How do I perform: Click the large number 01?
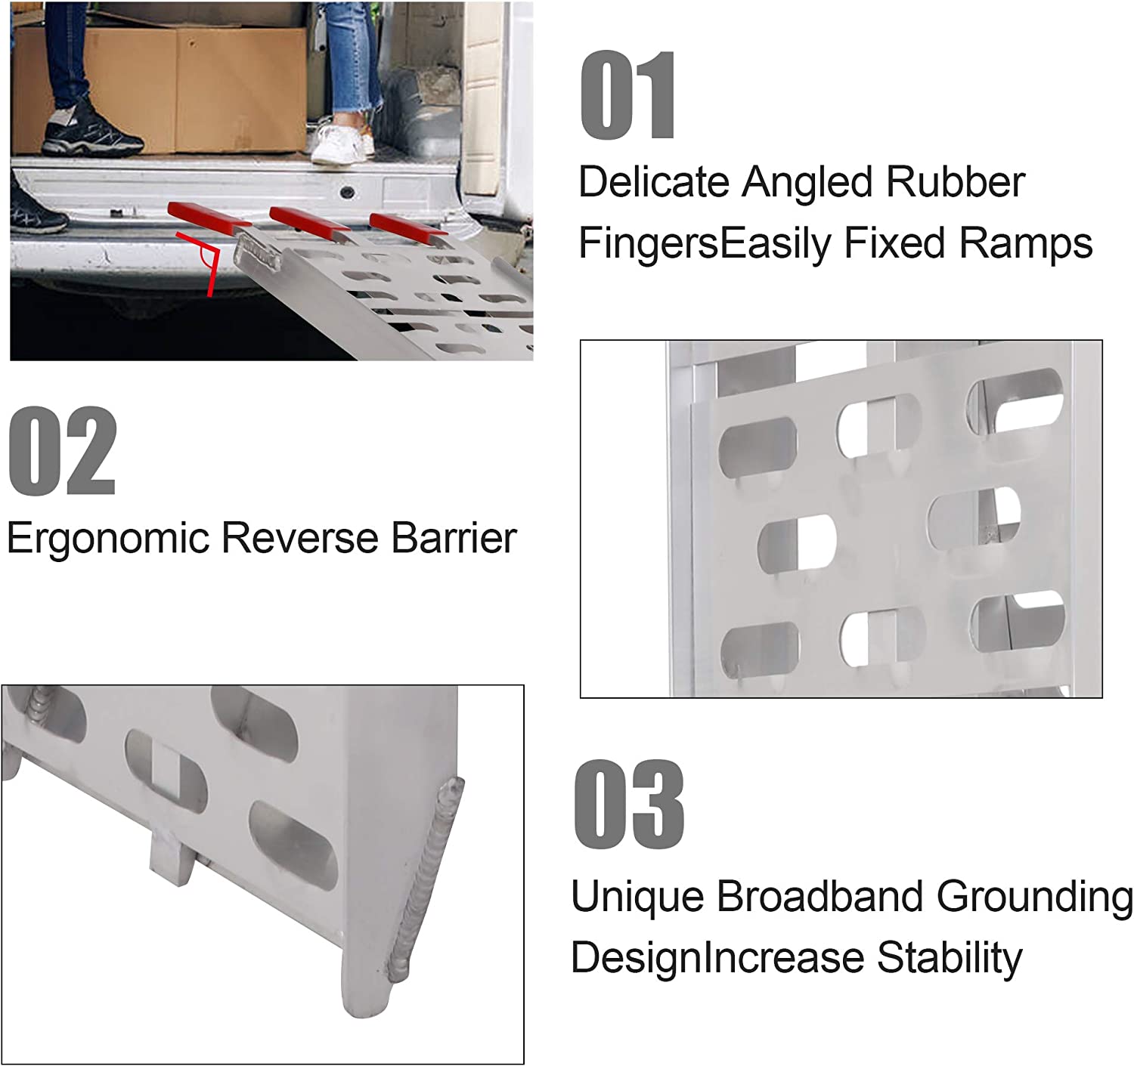point(627,95)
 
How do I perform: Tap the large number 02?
point(63,451)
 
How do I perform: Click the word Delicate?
point(653,182)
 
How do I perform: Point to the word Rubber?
point(955,182)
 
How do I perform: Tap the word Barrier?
point(454,539)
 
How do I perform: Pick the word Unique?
point(637,897)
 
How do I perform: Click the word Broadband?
point(820,897)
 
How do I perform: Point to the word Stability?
point(950,958)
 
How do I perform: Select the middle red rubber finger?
point(309,219)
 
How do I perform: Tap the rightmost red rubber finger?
point(407,227)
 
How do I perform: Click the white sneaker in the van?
point(342,144)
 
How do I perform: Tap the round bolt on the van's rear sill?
point(347,192)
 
